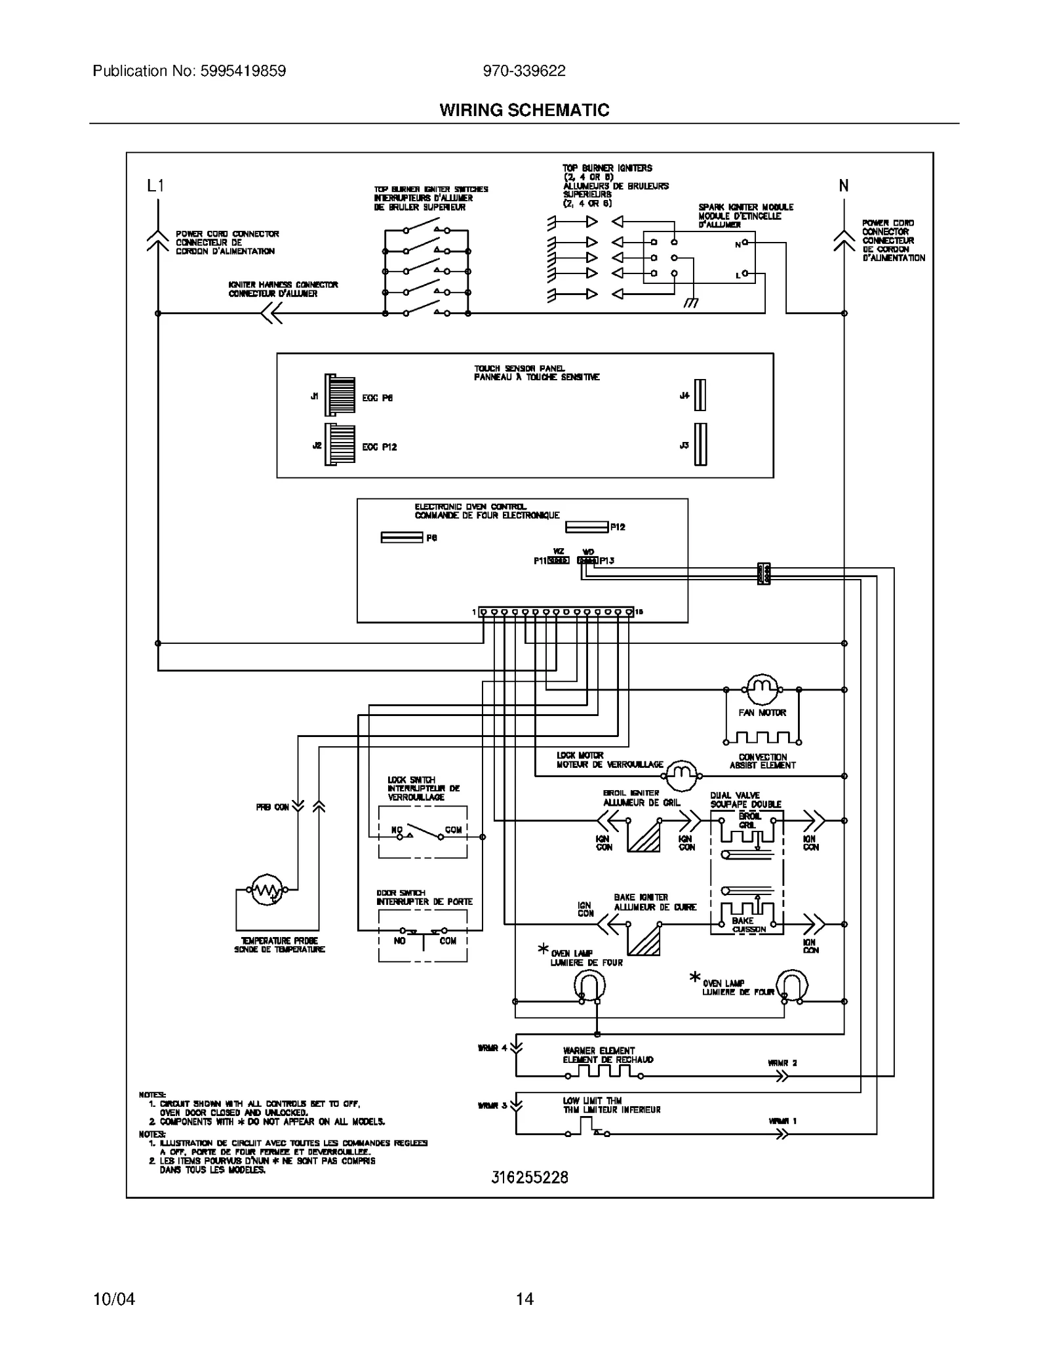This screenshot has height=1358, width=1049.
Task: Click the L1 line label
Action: (155, 186)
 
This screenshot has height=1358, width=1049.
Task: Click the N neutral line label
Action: (844, 186)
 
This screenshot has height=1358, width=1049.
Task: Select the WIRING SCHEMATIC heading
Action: (524, 110)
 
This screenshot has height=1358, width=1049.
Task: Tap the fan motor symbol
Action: (762, 689)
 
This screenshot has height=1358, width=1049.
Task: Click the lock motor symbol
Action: (681, 776)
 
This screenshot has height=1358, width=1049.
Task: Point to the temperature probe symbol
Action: (267, 889)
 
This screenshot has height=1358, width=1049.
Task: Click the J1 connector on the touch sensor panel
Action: (340, 395)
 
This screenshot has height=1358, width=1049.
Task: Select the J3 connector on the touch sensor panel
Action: (700, 445)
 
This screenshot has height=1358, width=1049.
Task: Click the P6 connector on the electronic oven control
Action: (401, 538)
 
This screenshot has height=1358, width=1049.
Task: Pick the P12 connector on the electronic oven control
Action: (586, 527)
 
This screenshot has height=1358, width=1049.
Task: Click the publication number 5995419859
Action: (240, 71)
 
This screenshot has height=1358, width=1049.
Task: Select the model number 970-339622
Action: (524, 71)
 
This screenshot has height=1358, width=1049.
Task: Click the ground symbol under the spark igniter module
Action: (690, 302)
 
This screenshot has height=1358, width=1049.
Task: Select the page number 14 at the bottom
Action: (524, 1299)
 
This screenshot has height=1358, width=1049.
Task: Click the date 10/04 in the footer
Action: (114, 1299)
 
